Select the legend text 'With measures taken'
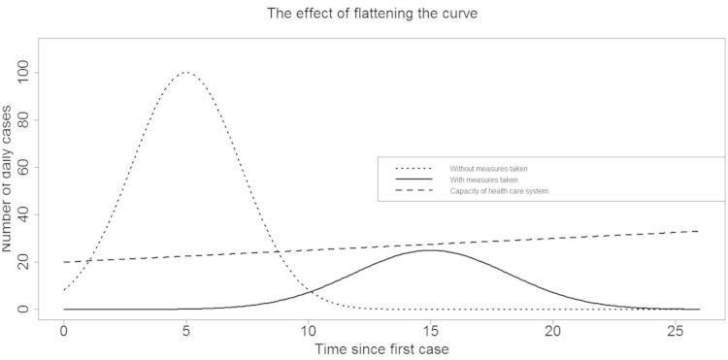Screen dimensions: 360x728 [x=483, y=180]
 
